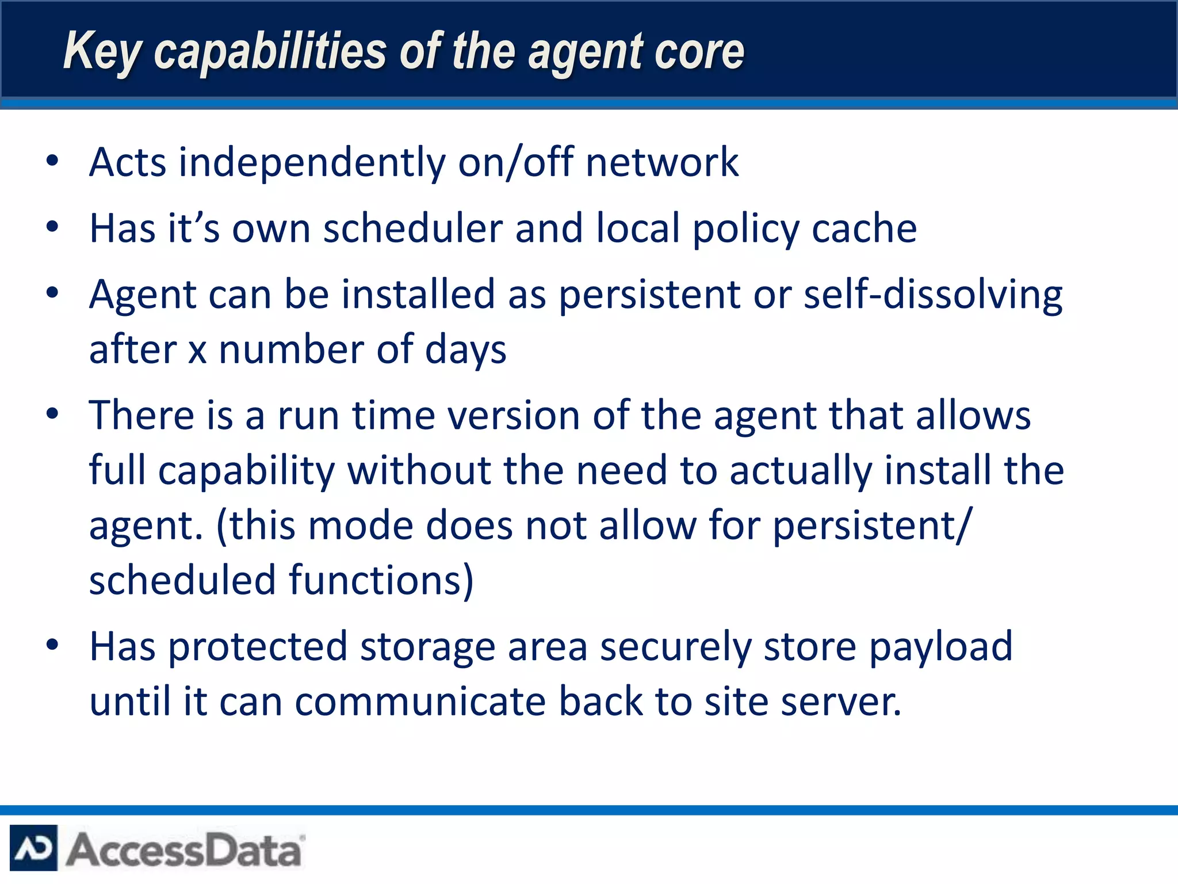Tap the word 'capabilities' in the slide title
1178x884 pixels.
tap(270, 52)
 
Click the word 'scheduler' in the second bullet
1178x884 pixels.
tap(412, 228)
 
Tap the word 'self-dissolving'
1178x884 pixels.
tap(932, 295)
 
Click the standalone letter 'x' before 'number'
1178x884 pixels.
tap(197, 350)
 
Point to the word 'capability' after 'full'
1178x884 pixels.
tap(246, 471)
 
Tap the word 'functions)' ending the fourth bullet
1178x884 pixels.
tap(381, 580)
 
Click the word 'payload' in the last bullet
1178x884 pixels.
tap(940, 646)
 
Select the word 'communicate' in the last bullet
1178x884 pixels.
tap(420, 702)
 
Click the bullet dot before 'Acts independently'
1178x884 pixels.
tap(52, 161)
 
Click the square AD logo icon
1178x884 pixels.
tap(33, 848)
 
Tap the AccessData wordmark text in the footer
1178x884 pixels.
tap(184, 849)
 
